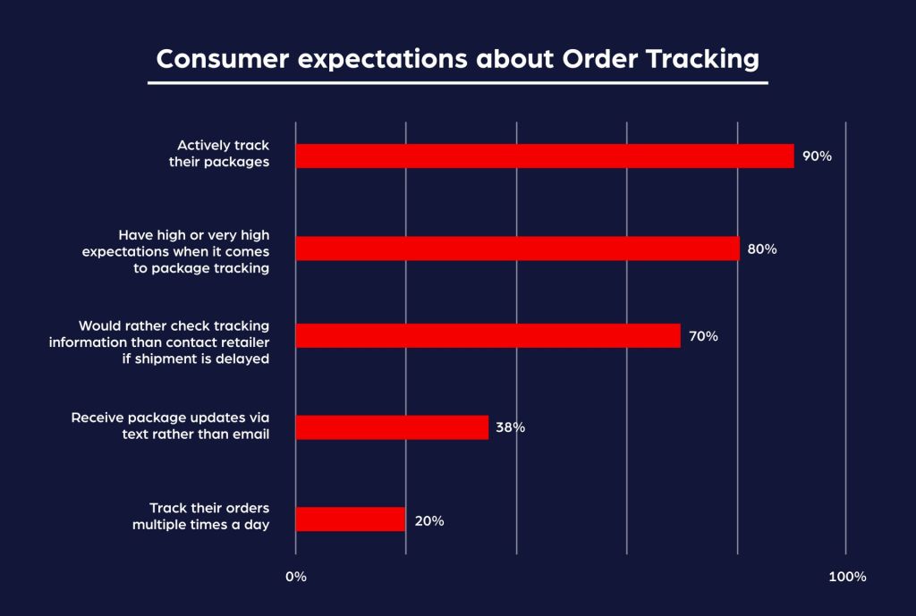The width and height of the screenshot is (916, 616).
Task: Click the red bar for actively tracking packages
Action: click(544, 156)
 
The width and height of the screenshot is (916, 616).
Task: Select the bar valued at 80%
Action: click(517, 249)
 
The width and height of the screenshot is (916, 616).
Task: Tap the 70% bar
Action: click(488, 335)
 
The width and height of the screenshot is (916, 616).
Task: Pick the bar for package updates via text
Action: click(392, 427)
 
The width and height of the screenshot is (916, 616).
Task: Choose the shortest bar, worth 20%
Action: click(350, 519)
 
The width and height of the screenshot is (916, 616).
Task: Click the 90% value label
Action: click(817, 156)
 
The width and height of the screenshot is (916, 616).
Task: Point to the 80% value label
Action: click(761, 249)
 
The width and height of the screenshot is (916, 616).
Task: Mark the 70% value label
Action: click(703, 336)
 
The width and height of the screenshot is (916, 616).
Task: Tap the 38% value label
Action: click(510, 427)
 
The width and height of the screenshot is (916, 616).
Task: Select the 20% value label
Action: click(428, 520)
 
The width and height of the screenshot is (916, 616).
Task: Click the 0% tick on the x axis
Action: click(296, 577)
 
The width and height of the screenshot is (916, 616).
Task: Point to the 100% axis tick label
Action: click(846, 577)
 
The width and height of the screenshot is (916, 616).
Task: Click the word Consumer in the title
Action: click(212, 59)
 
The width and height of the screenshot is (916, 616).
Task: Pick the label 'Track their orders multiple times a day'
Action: click(201, 517)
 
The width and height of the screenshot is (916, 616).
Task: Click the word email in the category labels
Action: click(251, 435)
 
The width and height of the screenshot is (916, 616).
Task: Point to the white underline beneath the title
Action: click(458, 82)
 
